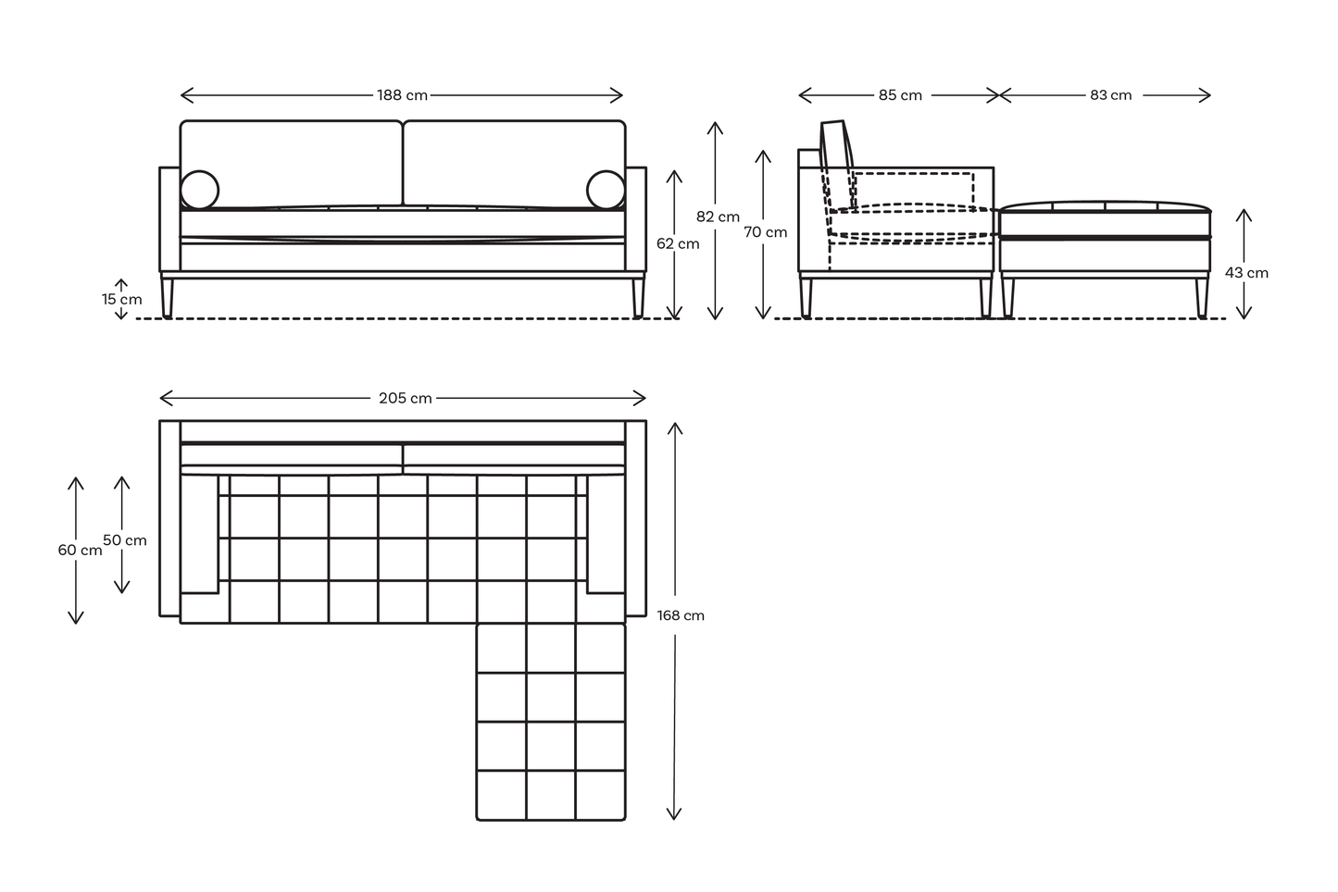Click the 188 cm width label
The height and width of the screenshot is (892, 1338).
pyautogui.click(x=402, y=95)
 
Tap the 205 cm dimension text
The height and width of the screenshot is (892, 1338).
pyautogui.click(x=405, y=399)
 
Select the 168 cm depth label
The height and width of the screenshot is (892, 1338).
pyautogui.click(x=681, y=615)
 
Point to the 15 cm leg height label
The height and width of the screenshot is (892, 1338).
pyautogui.click(x=122, y=300)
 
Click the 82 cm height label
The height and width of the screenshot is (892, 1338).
pyautogui.click(x=718, y=217)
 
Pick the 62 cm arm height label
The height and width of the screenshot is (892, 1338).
pyautogui.click(x=678, y=244)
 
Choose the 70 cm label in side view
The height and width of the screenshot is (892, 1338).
pyautogui.click(x=766, y=232)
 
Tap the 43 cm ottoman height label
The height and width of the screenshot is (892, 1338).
pyautogui.click(x=1246, y=273)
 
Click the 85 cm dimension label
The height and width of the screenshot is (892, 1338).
pyautogui.click(x=900, y=95)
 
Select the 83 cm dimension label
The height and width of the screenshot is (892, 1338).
pyautogui.click(x=1110, y=95)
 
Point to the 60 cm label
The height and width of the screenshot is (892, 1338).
pyautogui.click(x=80, y=550)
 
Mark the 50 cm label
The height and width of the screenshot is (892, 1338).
pyautogui.click(x=125, y=540)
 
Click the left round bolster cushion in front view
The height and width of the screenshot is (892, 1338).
pyautogui.click(x=199, y=190)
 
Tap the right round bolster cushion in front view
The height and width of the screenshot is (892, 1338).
pyautogui.click(x=606, y=190)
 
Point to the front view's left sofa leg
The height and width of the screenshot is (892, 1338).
pyautogui.click(x=168, y=297)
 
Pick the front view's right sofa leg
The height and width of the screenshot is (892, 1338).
pyautogui.click(x=638, y=297)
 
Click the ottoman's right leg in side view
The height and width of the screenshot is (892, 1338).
pyautogui.click(x=1202, y=297)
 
